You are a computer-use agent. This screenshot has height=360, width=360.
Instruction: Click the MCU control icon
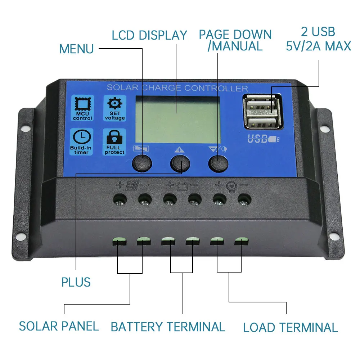pyautogui.click(x=82, y=108)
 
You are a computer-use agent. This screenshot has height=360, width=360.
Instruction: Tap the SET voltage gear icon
pyautogui.click(x=114, y=108)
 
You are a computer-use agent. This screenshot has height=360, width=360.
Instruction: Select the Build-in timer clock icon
pyautogui.click(x=81, y=142)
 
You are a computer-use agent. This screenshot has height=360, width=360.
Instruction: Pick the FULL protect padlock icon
pyautogui.click(x=114, y=142)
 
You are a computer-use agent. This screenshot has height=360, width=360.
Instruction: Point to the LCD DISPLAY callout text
pyautogui.click(x=149, y=35)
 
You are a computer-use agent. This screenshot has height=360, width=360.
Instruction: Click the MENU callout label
pyautogui.click(x=76, y=49)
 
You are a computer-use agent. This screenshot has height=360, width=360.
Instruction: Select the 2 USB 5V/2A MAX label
pyautogui.click(x=318, y=39)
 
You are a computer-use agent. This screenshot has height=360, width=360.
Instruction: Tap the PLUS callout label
pyautogui.click(x=76, y=282)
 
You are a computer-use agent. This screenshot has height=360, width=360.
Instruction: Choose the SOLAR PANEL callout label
pyautogui.click(x=59, y=326)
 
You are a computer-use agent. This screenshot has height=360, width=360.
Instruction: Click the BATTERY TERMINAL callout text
pyautogui.click(x=168, y=327)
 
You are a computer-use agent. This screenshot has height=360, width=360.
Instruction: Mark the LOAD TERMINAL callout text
pyautogui.click(x=290, y=328)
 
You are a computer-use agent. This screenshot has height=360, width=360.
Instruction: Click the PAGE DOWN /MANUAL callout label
pyautogui.click(x=235, y=40)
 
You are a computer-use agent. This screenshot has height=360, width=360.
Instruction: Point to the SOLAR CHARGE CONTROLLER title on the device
pyautogui.click(x=177, y=88)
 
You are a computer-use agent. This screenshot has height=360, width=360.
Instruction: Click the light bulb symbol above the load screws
pyautogui.click(x=230, y=186)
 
